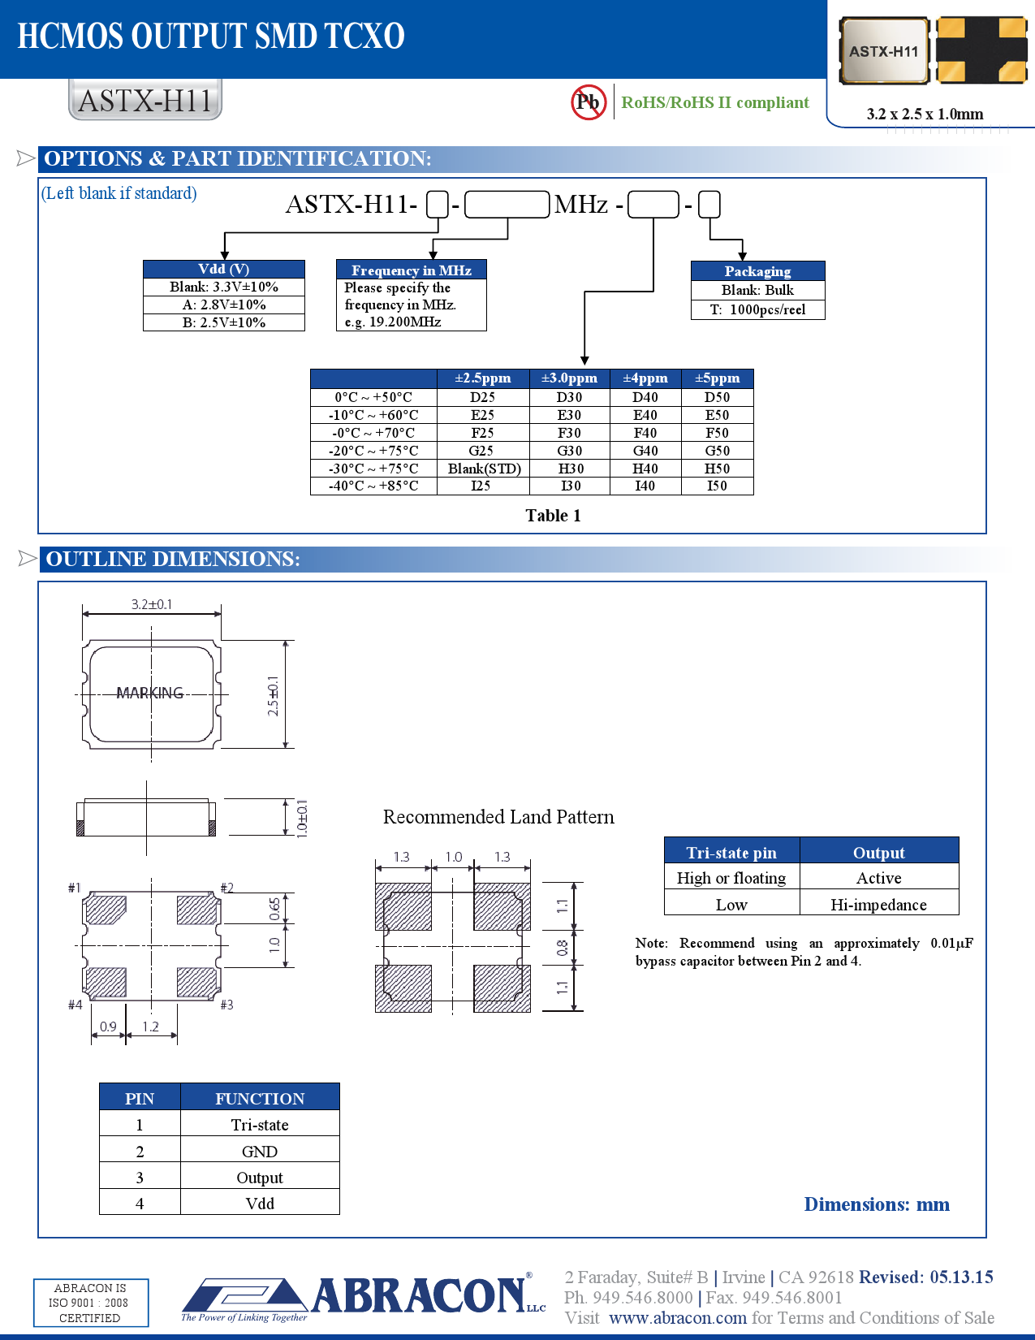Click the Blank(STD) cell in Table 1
484,469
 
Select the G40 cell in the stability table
645,451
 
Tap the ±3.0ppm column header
569,378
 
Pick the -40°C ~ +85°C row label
373,486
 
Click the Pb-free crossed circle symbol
588,102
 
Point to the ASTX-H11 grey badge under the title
145,101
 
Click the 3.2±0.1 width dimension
152,604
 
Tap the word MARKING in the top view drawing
150,693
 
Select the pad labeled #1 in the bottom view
106,909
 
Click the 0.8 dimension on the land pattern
562,948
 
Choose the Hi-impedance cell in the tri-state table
878,905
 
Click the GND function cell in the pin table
260,1152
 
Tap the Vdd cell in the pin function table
260,1204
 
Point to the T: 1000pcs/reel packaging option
757,309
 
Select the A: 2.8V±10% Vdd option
224,305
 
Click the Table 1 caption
553,516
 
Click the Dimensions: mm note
877,1204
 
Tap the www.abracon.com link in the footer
678,1317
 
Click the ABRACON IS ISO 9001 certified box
90,1303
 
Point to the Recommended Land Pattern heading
498,817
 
